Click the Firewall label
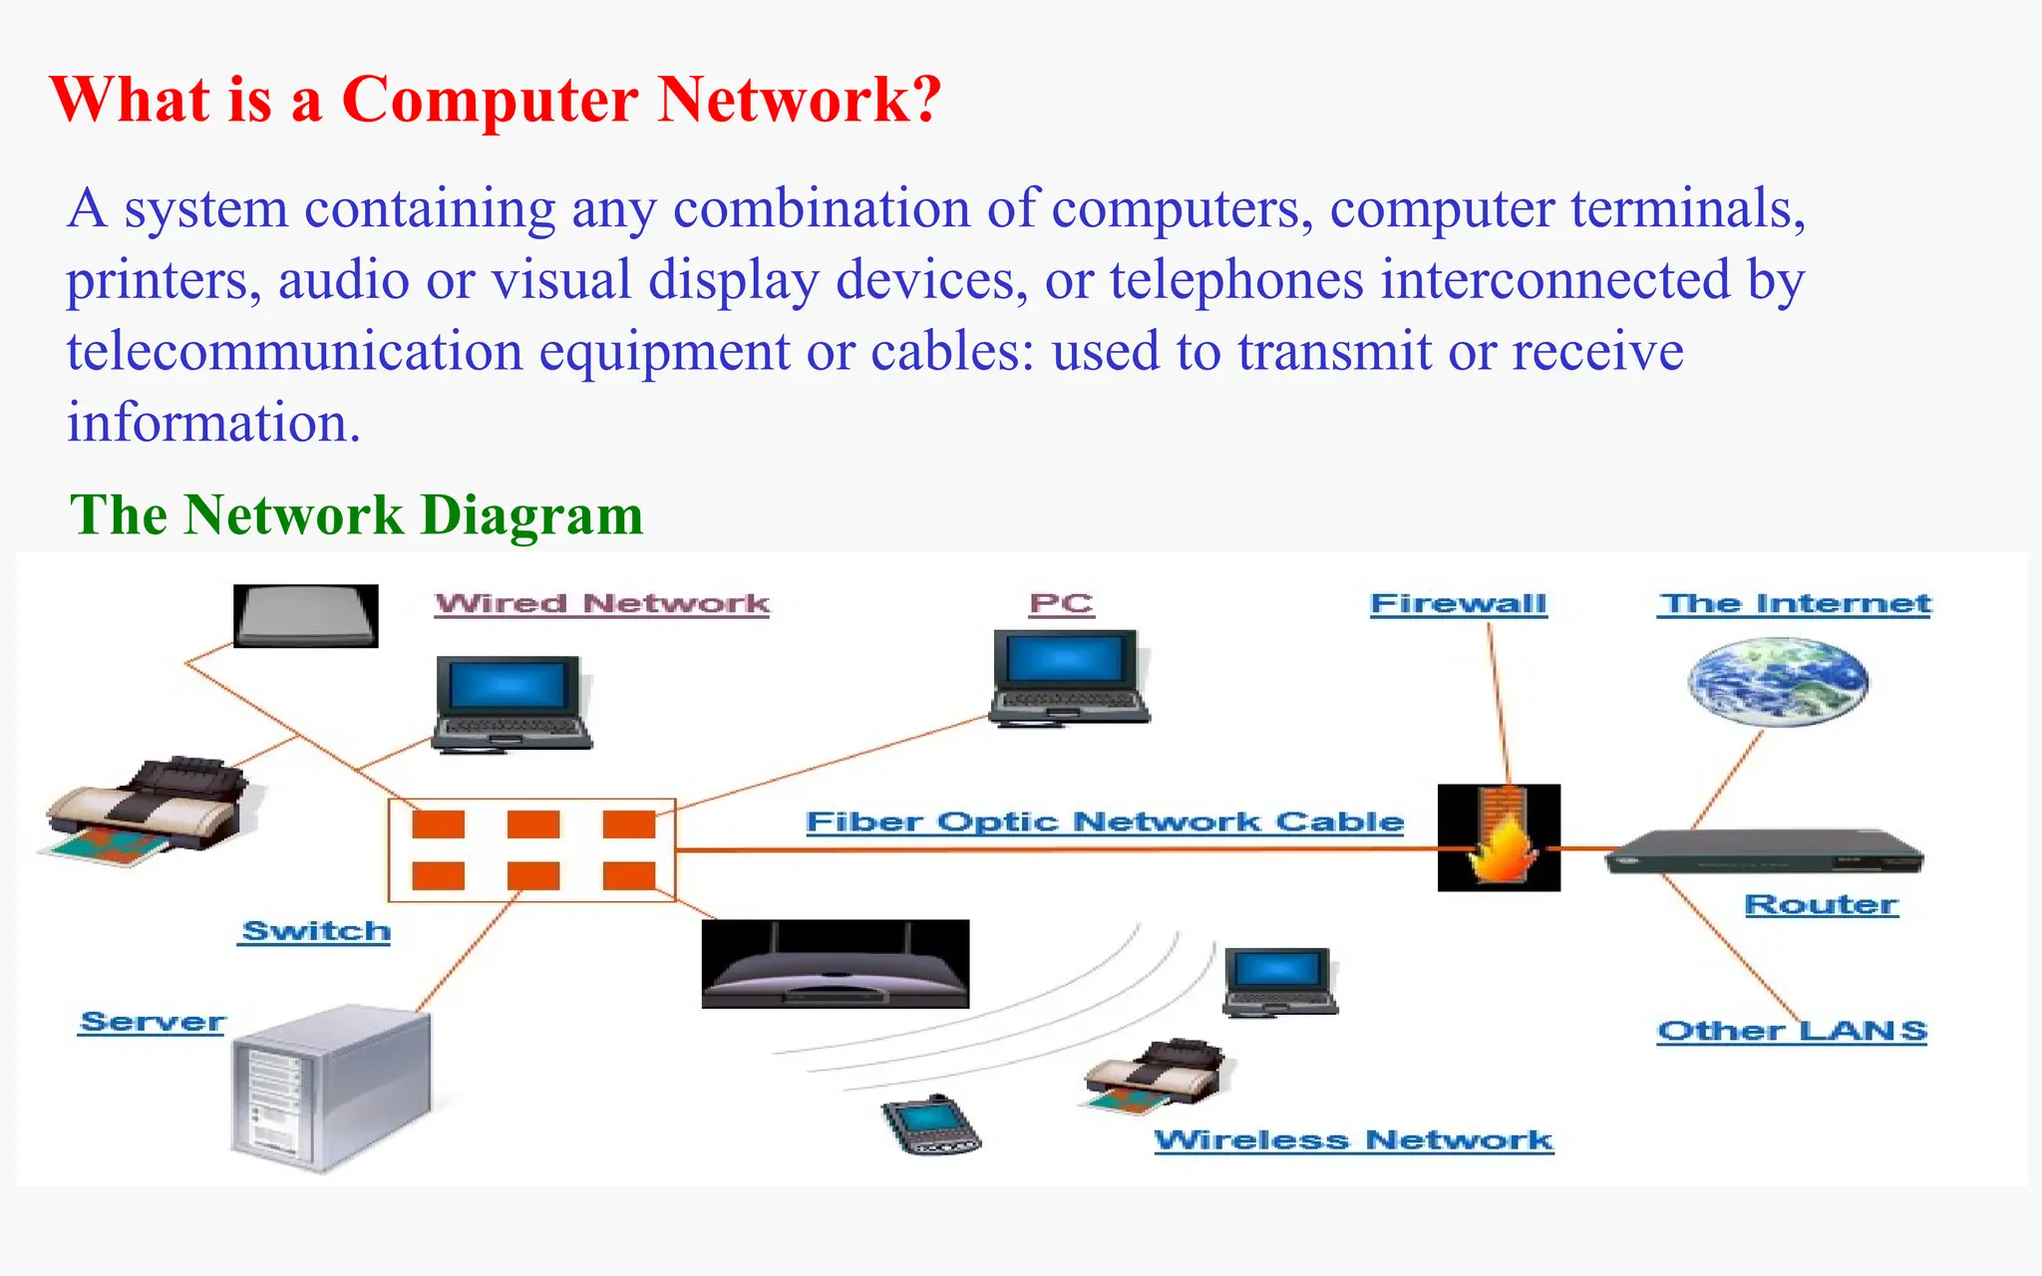(x=1458, y=604)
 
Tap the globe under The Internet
(x=1778, y=683)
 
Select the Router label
(x=1821, y=905)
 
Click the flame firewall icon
(x=1499, y=837)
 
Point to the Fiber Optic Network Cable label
(x=1104, y=822)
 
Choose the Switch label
(x=315, y=931)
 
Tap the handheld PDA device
(x=930, y=1125)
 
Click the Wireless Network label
(x=1353, y=1140)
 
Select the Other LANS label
(x=1792, y=1031)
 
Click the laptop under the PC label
(x=1069, y=677)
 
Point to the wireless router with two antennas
(x=835, y=965)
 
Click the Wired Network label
(x=602, y=604)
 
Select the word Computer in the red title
(x=490, y=100)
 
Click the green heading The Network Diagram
(x=356, y=515)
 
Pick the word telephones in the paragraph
(x=1235, y=280)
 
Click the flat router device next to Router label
(x=1763, y=852)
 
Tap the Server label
(x=153, y=1023)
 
